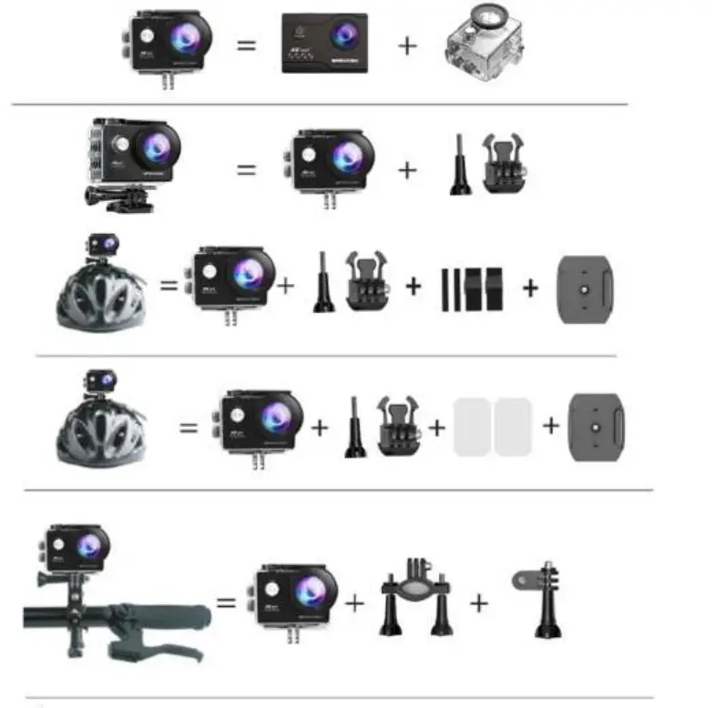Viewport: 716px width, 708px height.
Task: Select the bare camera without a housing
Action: coord(325,43)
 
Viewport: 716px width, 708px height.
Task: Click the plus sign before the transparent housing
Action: coord(407,45)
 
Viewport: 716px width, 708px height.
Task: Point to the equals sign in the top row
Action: coord(247,44)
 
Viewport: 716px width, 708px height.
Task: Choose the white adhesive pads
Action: coord(492,426)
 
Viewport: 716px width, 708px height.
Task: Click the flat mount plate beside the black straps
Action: coord(585,288)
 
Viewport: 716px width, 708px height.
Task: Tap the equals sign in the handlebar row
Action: coord(226,602)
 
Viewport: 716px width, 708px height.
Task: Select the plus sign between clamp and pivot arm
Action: coord(479,602)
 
